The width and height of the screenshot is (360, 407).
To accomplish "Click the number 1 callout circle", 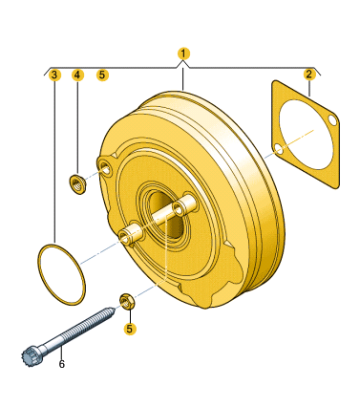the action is coord(183,54).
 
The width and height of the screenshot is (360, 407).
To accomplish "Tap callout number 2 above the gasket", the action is coord(308,75).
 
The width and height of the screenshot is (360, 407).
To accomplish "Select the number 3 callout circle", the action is coord(54,75).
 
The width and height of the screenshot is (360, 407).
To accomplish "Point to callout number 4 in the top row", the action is coord(77,75).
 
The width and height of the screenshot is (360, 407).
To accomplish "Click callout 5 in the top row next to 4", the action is coord(102,75).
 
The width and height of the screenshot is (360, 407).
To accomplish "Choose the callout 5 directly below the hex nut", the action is coord(130,329).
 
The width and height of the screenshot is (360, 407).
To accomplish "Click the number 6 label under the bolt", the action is coord(61,364).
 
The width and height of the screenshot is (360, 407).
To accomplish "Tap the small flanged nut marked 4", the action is coord(77,184).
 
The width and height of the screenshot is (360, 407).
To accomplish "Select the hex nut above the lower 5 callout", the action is coord(126,302).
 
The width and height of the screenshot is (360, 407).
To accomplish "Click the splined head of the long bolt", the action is coord(30,357).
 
